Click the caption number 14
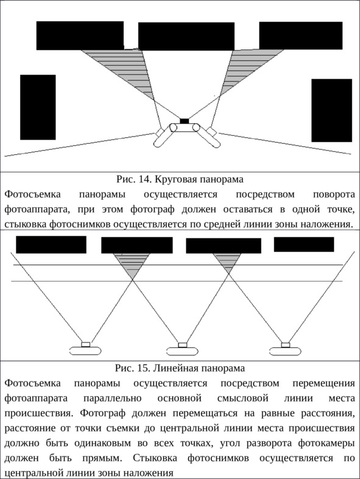click(145, 179)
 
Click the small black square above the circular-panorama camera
click(185, 121)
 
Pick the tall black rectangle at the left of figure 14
click(38, 107)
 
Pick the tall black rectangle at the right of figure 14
click(331, 110)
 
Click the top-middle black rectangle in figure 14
click(186, 37)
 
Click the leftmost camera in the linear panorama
click(85, 349)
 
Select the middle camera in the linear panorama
click(182, 349)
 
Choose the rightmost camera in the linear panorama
click(286, 349)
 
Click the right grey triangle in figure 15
click(227, 261)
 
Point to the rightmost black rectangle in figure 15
click(304, 244)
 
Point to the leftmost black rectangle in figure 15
click(51, 245)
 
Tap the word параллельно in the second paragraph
click(112, 399)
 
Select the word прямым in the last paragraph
click(102, 458)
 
